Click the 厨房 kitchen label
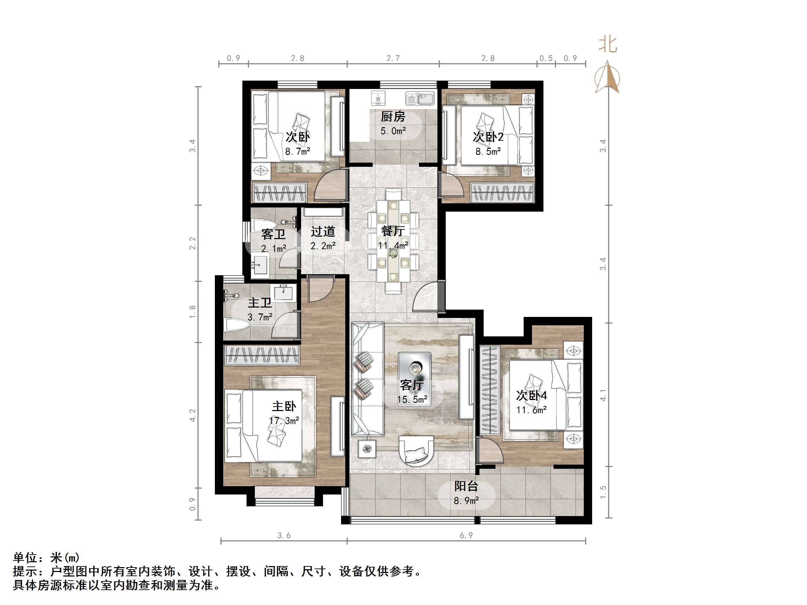coord(393,117)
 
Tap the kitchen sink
coord(420,98)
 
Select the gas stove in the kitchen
coord(378,98)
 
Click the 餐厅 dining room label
coord(393,231)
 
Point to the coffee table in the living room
coord(414,378)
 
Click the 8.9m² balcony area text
coord(466,501)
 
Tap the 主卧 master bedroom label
coord(284,406)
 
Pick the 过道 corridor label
coord(323,231)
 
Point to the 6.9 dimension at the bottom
coord(466,535)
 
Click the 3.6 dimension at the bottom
coord(284,535)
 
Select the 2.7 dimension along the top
coord(393,58)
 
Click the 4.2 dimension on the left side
coord(193,415)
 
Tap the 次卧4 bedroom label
coord(531,395)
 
